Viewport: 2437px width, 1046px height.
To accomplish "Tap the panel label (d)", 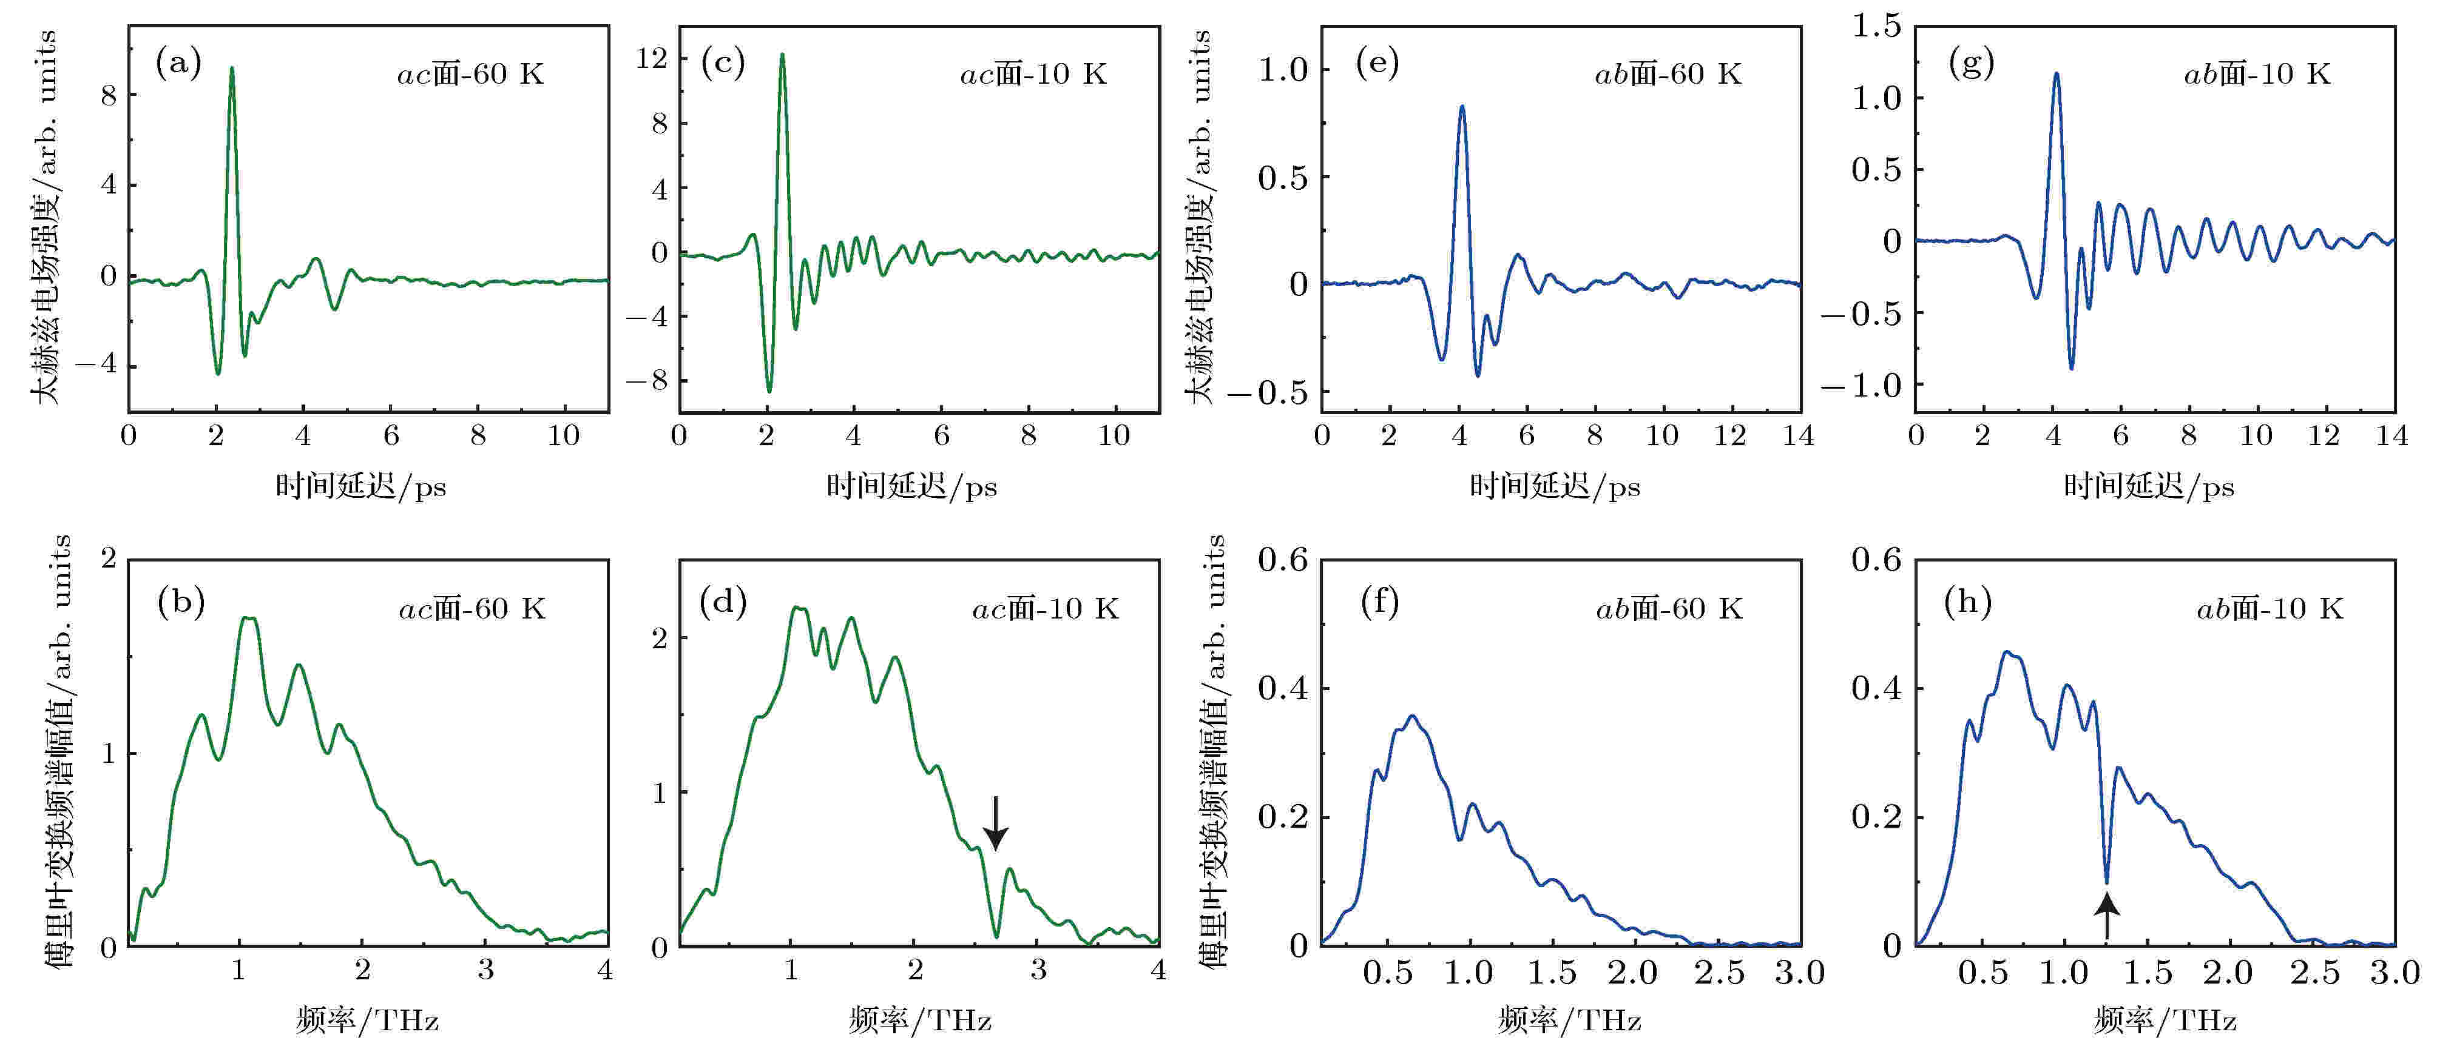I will click(723, 600).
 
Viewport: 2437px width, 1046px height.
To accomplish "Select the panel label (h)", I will click(1968, 600).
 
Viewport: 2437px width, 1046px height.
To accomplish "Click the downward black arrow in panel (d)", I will click(995, 823).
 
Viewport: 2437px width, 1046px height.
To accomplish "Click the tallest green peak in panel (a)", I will click(232, 69).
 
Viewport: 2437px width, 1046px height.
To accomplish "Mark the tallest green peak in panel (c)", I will click(782, 55).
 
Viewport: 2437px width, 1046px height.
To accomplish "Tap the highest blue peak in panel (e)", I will click(1462, 107).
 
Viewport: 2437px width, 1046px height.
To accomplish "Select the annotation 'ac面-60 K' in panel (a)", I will click(470, 74).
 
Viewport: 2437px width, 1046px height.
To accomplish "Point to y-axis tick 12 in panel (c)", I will click(652, 59).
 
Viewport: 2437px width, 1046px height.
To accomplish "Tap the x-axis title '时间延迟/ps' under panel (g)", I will click(2149, 487).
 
